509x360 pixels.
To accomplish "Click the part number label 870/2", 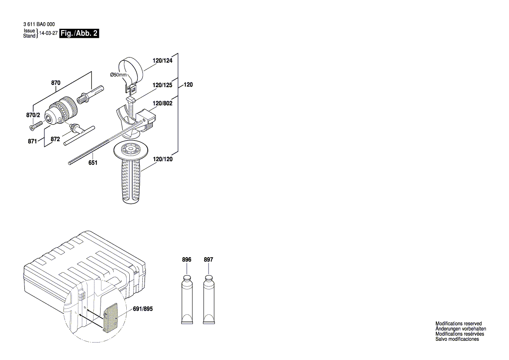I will (33, 115).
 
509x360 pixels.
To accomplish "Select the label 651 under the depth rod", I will (93, 163).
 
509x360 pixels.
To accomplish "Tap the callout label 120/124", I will (162, 61).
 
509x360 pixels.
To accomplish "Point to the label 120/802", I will (162, 104).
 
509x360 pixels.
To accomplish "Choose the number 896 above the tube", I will (186, 260).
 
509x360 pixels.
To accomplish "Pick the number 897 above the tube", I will (209, 260).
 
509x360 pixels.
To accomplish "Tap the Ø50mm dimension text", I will (118, 75).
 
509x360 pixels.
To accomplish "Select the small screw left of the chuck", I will (34, 126).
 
